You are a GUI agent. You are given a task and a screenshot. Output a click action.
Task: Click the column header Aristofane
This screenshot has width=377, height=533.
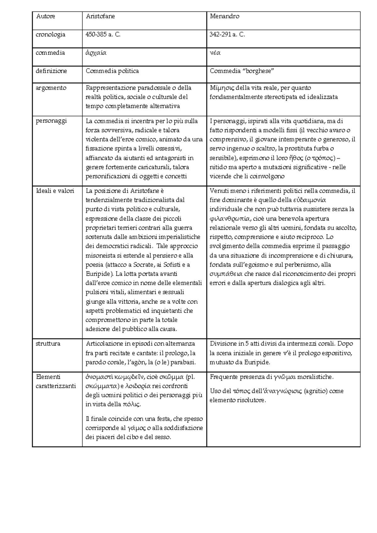(100, 17)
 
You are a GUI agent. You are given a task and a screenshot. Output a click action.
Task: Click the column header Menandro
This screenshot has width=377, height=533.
(224, 17)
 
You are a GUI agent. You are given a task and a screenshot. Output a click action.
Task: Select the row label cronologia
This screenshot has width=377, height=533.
(51, 35)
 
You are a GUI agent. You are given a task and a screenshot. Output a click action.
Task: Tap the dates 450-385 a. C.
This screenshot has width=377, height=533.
(103, 35)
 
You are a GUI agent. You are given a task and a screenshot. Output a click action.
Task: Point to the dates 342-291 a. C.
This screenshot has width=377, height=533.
(227, 35)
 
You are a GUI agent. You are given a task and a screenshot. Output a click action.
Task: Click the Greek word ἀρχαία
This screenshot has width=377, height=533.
(96, 53)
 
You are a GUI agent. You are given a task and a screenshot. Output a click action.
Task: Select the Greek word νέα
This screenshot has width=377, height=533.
(215, 53)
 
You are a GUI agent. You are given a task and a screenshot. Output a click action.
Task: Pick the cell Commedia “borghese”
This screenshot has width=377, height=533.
(242, 71)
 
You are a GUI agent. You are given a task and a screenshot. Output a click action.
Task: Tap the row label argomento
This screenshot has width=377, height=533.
(51, 88)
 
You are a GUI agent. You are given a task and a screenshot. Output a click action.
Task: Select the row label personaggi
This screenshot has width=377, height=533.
(51, 121)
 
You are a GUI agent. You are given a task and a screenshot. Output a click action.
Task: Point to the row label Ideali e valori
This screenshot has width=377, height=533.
(55, 191)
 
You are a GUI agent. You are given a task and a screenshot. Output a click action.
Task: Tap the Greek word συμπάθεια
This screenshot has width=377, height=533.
(226, 274)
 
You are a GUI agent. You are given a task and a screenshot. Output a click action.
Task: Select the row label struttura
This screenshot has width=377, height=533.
(48, 344)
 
